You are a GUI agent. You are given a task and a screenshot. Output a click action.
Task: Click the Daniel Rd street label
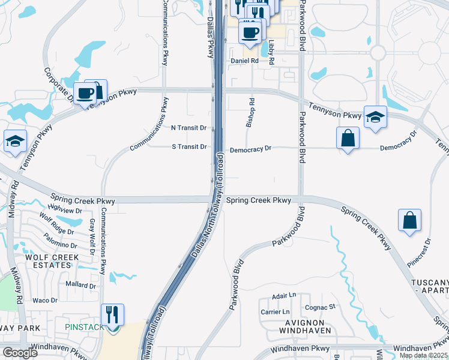click(x=245, y=61)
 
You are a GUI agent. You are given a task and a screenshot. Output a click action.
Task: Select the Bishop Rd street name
click(x=251, y=113)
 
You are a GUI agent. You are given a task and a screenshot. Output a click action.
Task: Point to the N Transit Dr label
click(x=188, y=128)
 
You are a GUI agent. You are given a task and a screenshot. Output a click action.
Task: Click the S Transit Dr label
click(x=189, y=146)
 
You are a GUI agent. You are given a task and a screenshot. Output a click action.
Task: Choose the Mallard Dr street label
click(x=80, y=286)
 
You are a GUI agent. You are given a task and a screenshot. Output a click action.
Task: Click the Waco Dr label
click(x=44, y=300)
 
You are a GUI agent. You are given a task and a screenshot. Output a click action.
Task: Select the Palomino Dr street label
click(x=57, y=245)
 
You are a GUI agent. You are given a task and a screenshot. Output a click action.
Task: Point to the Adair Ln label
click(x=284, y=296)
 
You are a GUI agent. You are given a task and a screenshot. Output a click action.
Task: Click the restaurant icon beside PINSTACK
click(x=112, y=314)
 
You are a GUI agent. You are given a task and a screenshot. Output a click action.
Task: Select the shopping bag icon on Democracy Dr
click(x=348, y=138)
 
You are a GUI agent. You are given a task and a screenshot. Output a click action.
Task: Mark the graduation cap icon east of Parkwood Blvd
click(x=375, y=117)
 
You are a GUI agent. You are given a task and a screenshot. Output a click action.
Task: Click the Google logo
click(x=19, y=353)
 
